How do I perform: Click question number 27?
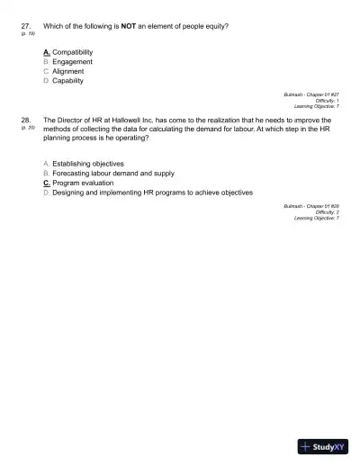[x=25, y=26]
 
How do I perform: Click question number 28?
[x=25, y=119]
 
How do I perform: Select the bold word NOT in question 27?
[x=127, y=26]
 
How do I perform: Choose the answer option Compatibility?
[x=73, y=52]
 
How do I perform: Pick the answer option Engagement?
[x=73, y=62]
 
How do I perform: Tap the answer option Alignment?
[x=68, y=71]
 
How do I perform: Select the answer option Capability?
[x=68, y=81]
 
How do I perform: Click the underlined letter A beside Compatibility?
[x=46, y=52]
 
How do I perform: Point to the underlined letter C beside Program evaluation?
[x=46, y=183]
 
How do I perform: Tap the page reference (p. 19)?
[x=26, y=34]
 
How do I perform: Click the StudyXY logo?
[x=321, y=445]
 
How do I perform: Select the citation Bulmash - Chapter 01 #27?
[x=311, y=94]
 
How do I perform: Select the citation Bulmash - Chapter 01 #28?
[x=311, y=206]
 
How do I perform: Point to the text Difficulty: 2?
[x=324, y=212]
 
